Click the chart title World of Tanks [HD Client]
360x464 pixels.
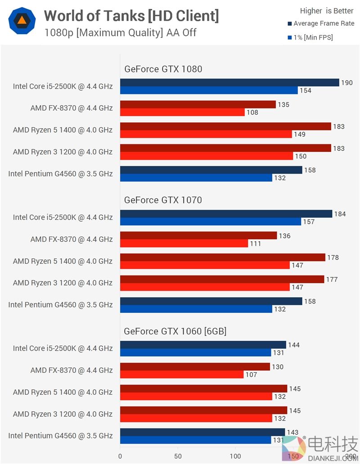click(x=131, y=16)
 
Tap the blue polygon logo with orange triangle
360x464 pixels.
click(x=21, y=20)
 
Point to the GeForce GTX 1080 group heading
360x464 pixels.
click(x=163, y=69)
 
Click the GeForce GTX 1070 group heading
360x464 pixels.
click(x=163, y=200)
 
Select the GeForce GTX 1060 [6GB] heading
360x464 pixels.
click(x=175, y=331)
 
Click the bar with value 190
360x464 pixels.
click(x=229, y=83)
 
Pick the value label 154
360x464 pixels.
click(x=306, y=91)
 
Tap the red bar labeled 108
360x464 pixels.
click(x=182, y=112)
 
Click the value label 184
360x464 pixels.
click(x=340, y=214)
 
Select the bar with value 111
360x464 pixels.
click(x=184, y=243)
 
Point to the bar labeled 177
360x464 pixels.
click(x=222, y=279)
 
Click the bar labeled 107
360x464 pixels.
click(x=181, y=375)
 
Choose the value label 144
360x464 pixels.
click(x=294, y=345)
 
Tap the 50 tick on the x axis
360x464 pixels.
click(x=178, y=456)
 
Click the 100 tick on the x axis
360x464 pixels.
click(x=235, y=456)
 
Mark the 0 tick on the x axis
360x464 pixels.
click(x=120, y=456)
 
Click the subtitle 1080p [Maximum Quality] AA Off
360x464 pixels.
click(x=121, y=33)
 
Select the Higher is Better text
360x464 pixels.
click(x=327, y=11)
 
